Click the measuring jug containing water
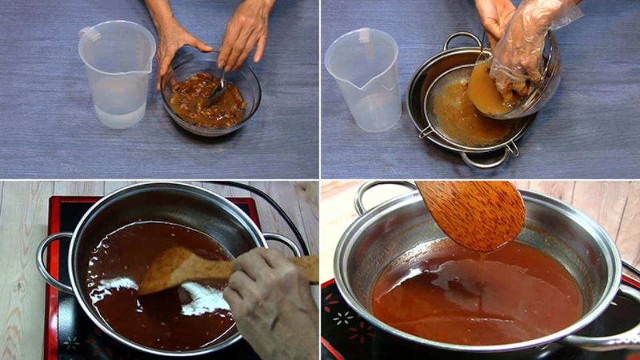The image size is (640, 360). pos(117,77)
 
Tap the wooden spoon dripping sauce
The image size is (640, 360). pos(473,213)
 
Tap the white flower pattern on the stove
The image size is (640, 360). pos(343,318)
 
